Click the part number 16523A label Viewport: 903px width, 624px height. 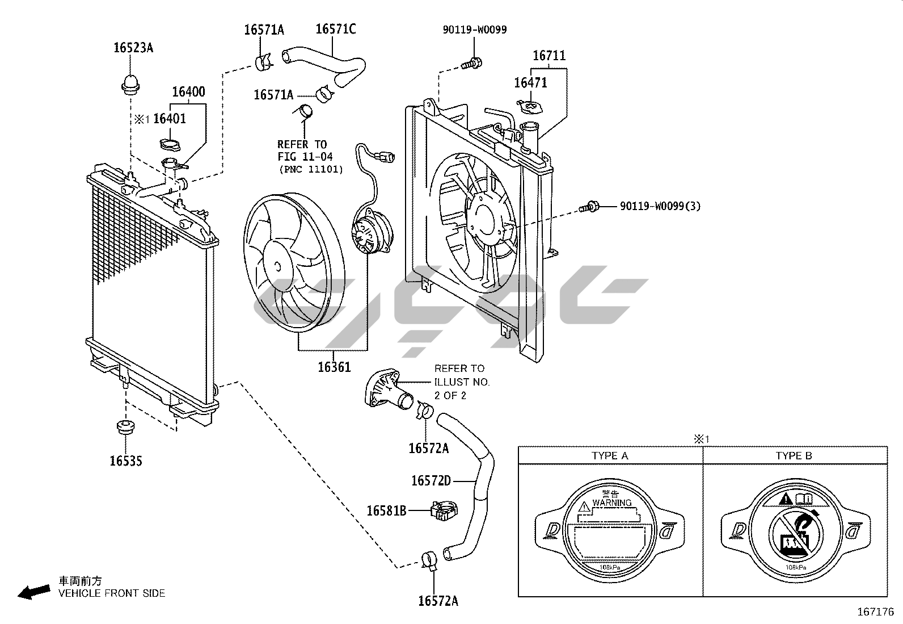click(133, 48)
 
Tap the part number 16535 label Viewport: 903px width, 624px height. click(126, 461)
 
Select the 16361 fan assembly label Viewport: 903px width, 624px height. click(334, 367)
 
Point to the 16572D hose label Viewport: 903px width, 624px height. click(431, 481)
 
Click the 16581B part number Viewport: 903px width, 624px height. click(386, 510)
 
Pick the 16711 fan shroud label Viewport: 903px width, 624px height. click(548, 56)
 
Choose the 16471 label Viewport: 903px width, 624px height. click(530, 83)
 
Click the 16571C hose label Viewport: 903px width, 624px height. click(335, 29)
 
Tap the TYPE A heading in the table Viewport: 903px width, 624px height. click(610, 455)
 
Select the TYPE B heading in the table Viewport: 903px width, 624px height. click(794, 455)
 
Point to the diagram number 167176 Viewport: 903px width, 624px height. click(875, 612)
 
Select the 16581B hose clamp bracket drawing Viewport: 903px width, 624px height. click(444, 510)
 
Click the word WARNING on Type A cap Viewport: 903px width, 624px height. click(611, 502)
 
